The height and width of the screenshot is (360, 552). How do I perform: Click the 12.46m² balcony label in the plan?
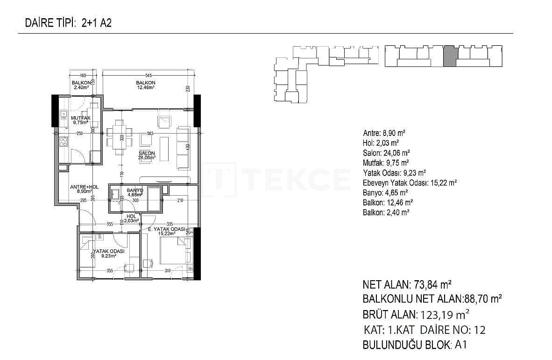pos(146,85)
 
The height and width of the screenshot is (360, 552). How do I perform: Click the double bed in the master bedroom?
pos(174,251)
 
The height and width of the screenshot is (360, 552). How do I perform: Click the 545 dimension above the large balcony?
pos(148,75)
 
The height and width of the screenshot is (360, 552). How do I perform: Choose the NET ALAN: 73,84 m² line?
pos(406,284)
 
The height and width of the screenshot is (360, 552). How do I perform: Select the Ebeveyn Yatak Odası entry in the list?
pos(409,183)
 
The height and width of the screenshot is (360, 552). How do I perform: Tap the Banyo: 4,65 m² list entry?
pos(385,192)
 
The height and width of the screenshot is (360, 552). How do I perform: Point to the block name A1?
pos(461,345)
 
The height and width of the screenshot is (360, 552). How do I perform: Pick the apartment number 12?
pos(480,330)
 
